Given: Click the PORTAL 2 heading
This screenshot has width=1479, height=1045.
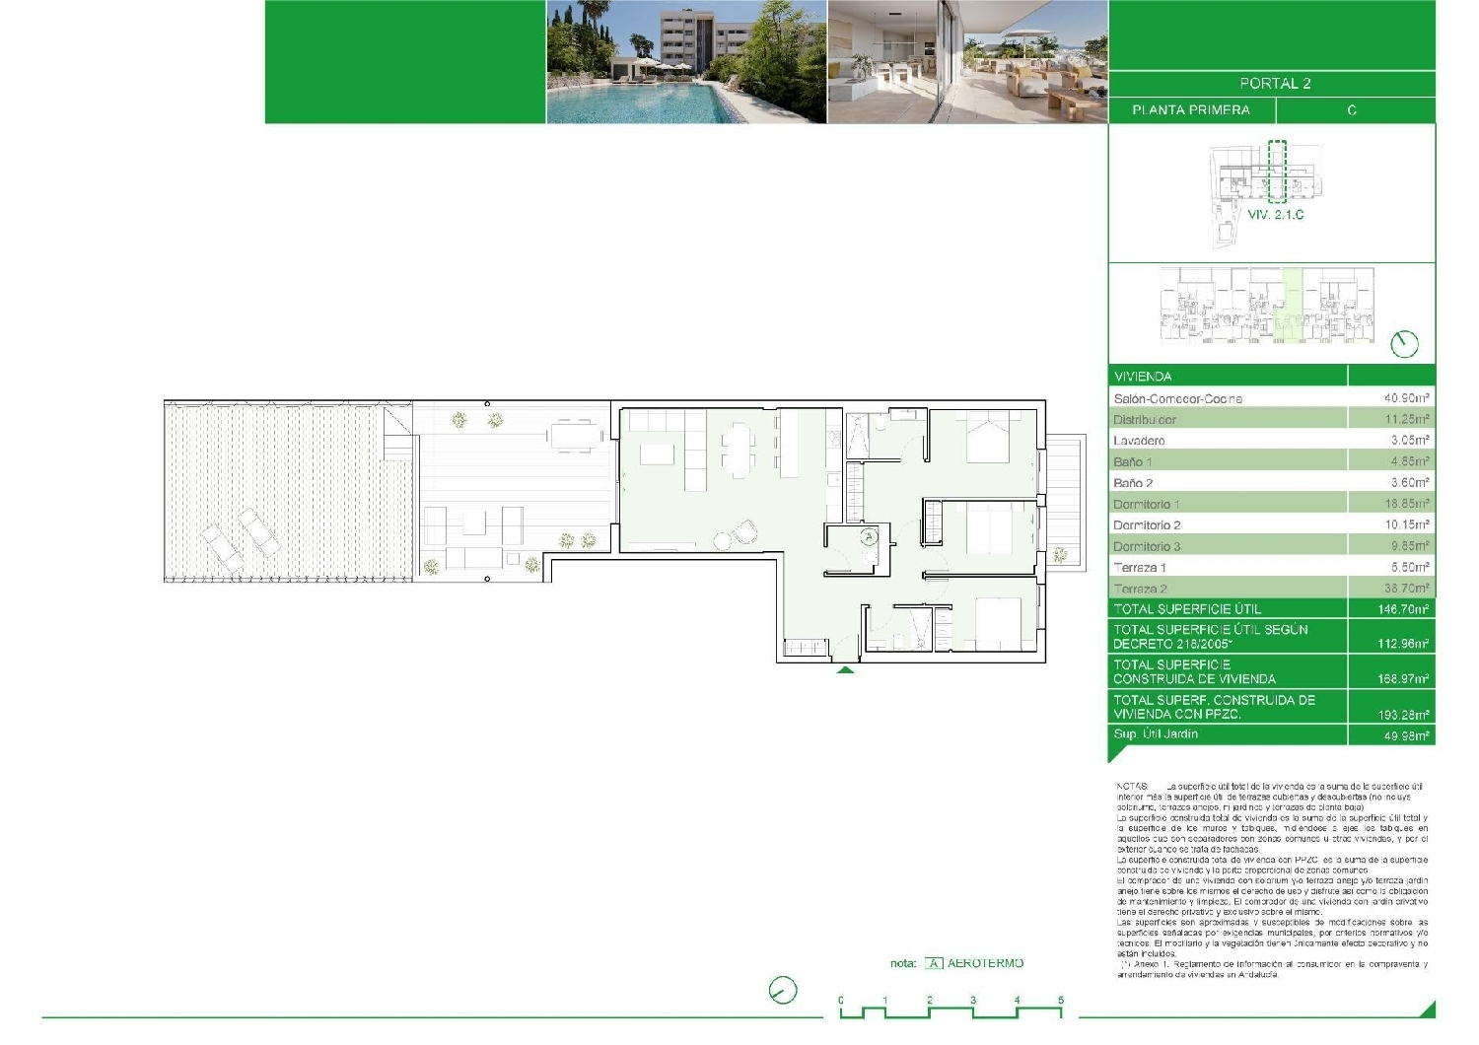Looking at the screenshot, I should (1275, 84).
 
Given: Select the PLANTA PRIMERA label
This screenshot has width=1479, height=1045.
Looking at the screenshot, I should (1190, 110).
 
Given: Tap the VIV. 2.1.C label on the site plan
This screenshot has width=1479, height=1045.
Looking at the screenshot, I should (1275, 214).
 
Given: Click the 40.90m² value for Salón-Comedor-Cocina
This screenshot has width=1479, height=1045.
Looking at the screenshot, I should (1407, 398).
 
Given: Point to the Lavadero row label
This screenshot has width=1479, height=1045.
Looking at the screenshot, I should (1139, 441).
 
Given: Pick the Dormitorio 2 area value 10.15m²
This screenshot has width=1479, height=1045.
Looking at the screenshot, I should (1407, 525).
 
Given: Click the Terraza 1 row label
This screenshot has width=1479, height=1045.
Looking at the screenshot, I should (1140, 568).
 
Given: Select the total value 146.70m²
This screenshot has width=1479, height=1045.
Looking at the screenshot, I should (1404, 609).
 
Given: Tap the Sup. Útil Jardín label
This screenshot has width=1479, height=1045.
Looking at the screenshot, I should (1156, 734).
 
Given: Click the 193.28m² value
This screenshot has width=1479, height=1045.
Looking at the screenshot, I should (1404, 715).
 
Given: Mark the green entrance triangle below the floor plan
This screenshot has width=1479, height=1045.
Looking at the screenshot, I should (845, 670).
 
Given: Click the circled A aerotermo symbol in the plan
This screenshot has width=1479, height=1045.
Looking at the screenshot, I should (869, 537).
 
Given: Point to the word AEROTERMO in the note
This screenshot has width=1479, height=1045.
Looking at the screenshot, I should (985, 963).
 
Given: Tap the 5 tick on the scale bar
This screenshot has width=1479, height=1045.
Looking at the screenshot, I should (1061, 1001).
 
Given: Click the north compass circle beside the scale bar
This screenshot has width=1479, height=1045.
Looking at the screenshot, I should (783, 991).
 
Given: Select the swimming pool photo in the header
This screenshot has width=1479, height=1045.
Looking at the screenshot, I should (686, 61).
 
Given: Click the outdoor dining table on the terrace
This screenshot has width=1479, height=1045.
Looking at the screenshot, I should (574, 435).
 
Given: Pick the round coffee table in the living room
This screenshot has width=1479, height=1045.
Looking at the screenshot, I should (723, 540).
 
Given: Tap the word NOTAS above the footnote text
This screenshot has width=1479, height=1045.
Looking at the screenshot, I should (1132, 786).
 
